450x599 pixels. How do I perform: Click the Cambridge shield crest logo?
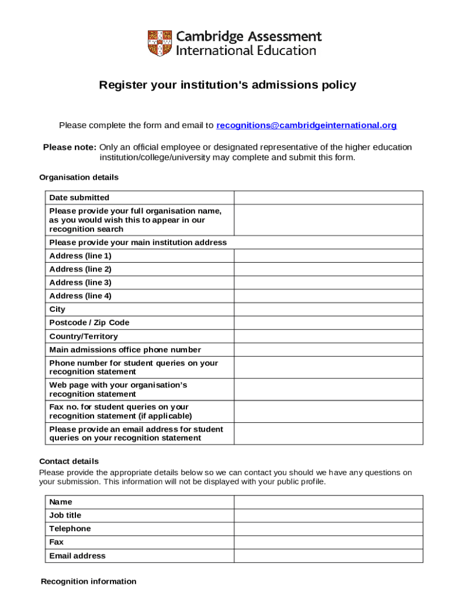coord(160,43)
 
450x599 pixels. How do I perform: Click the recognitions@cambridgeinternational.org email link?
coord(306,125)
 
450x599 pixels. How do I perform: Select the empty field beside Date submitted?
coord(328,198)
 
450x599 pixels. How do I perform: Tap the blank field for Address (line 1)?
coord(328,256)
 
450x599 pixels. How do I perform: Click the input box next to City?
coord(328,309)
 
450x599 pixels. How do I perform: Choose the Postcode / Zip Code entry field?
coord(328,323)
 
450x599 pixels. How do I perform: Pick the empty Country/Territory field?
coord(328,336)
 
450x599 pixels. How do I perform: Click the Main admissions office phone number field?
coord(328,350)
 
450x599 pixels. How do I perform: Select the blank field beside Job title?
coord(328,515)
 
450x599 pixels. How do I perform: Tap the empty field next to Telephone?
coord(328,529)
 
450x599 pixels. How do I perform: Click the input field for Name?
coord(328,502)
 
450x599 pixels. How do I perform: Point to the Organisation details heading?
coord(79,177)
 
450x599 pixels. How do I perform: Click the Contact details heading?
coord(69,462)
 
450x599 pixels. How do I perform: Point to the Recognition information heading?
coord(88,581)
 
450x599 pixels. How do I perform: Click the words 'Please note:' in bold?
coord(70,147)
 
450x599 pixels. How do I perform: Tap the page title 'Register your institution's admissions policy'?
coord(227,85)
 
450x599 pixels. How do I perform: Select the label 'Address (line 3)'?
coord(80,283)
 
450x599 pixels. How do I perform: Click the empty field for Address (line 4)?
coord(328,296)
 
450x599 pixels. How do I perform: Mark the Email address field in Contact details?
coord(328,556)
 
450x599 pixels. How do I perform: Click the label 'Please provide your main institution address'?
coord(138,242)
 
